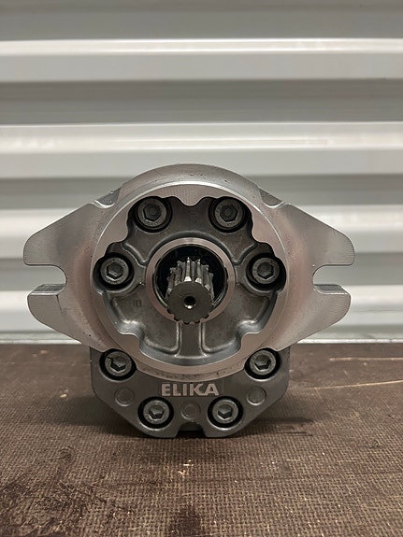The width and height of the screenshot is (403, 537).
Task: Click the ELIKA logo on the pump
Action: click(x=190, y=389)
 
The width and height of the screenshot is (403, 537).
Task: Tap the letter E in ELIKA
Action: click(x=166, y=389)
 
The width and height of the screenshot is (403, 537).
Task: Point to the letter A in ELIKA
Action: click(x=212, y=389)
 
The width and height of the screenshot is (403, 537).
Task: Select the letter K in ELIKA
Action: click(x=199, y=389)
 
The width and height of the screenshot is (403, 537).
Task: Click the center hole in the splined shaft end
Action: click(x=189, y=302)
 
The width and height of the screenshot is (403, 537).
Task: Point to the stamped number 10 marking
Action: click(x=137, y=303)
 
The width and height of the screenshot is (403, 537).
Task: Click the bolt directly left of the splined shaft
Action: click(x=115, y=271)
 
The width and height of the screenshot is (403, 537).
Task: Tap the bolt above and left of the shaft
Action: click(x=151, y=214)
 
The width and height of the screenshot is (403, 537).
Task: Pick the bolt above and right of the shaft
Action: click(x=228, y=213)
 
